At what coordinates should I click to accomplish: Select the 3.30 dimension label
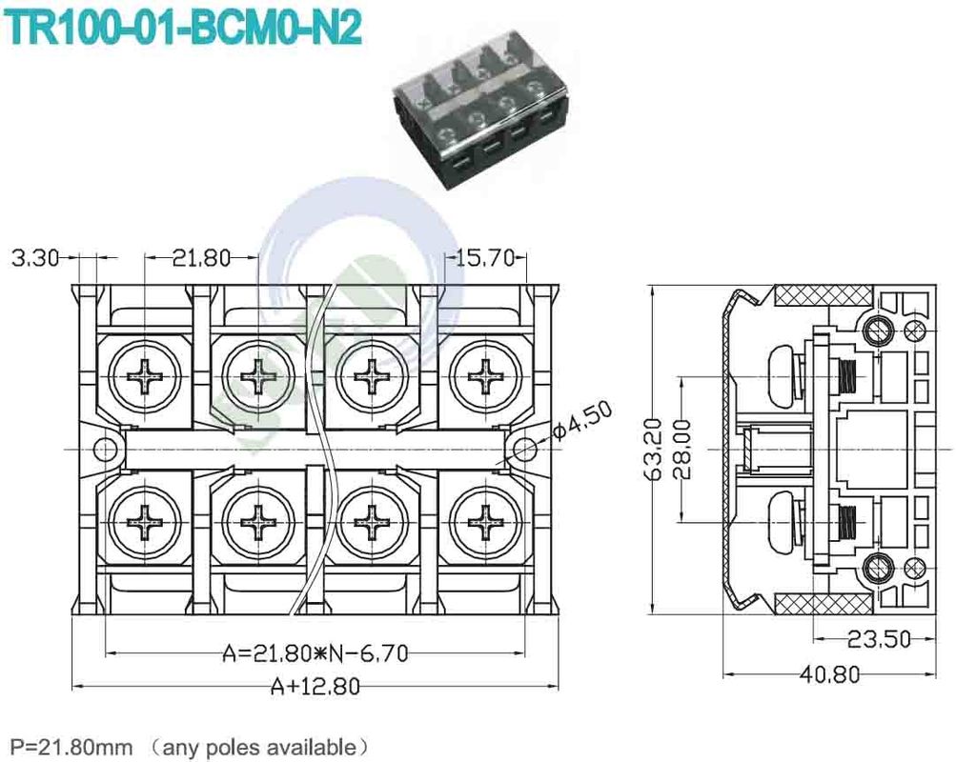click(x=34, y=257)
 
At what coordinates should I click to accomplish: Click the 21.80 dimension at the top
click(x=200, y=257)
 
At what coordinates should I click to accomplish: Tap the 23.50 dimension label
click(x=877, y=638)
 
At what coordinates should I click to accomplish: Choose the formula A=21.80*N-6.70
click(x=315, y=653)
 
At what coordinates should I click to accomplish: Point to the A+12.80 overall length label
click(x=315, y=686)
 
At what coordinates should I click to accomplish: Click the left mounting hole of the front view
click(x=101, y=449)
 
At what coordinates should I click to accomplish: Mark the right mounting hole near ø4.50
click(x=523, y=449)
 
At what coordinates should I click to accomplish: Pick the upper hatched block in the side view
click(x=821, y=295)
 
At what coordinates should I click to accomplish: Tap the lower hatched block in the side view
click(x=821, y=603)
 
